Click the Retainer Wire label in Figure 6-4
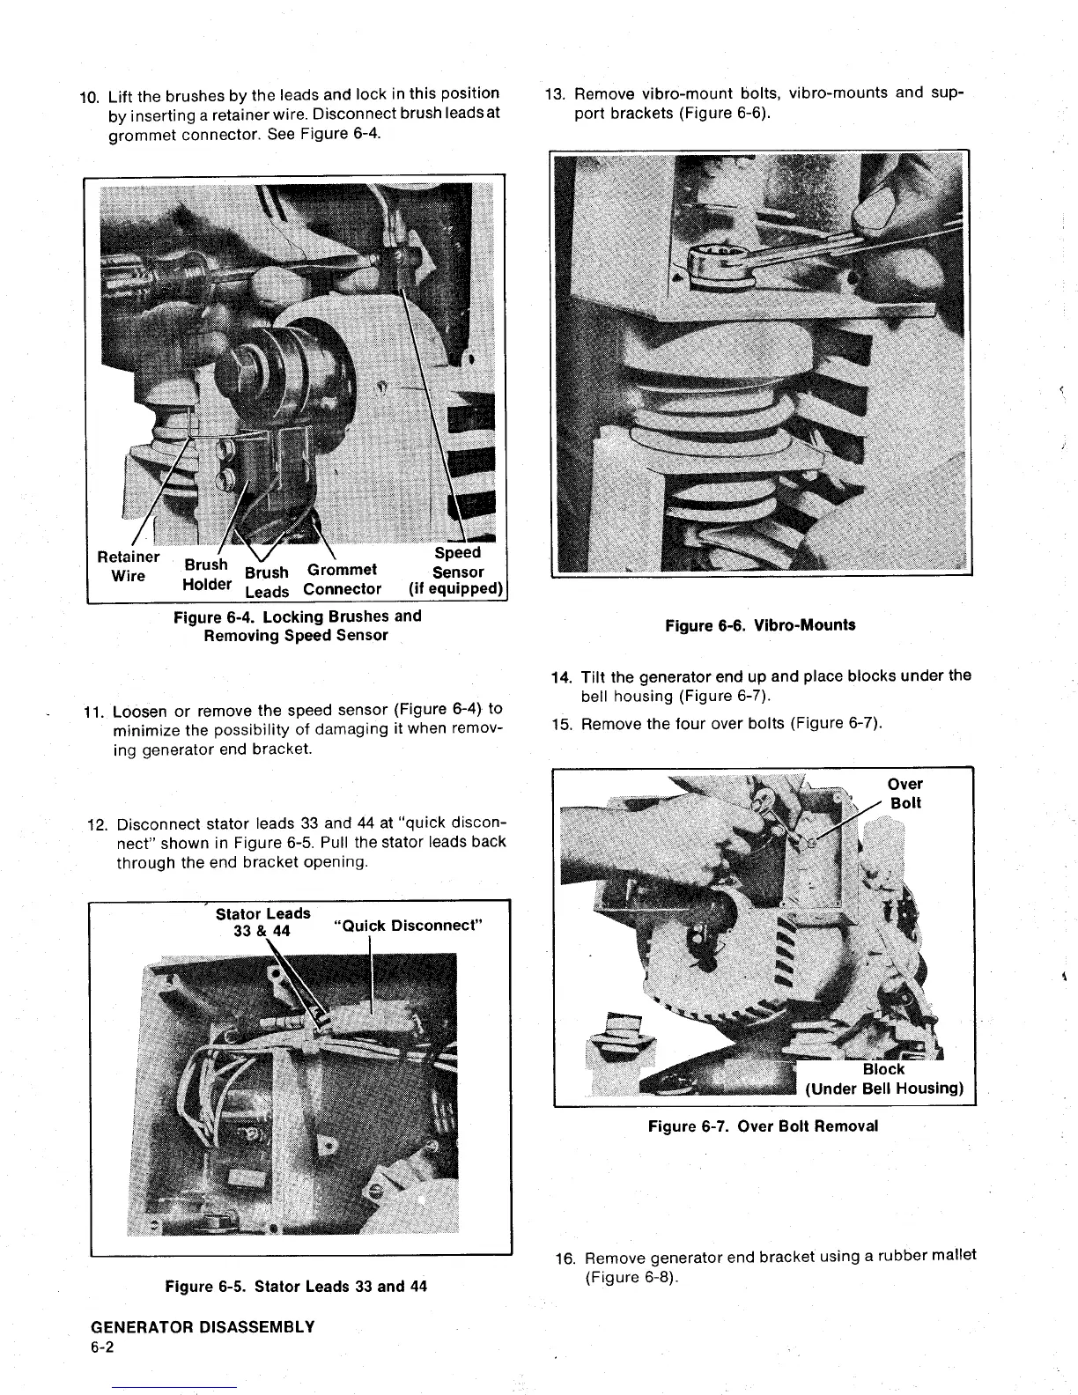click(129, 566)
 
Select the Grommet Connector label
click(342, 579)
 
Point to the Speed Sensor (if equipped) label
click(456, 571)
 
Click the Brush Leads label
click(266, 582)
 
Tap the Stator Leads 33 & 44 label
click(262, 922)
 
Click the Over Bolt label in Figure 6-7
click(905, 793)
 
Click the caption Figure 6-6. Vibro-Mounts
click(760, 625)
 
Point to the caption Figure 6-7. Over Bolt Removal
click(763, 1126)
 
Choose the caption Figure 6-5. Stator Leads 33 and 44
click(296, 1286)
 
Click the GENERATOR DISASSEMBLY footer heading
click(203, 1326)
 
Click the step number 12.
click(99, 825)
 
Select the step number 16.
click(565, 1257)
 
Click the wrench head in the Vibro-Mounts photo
click(720, 268)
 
